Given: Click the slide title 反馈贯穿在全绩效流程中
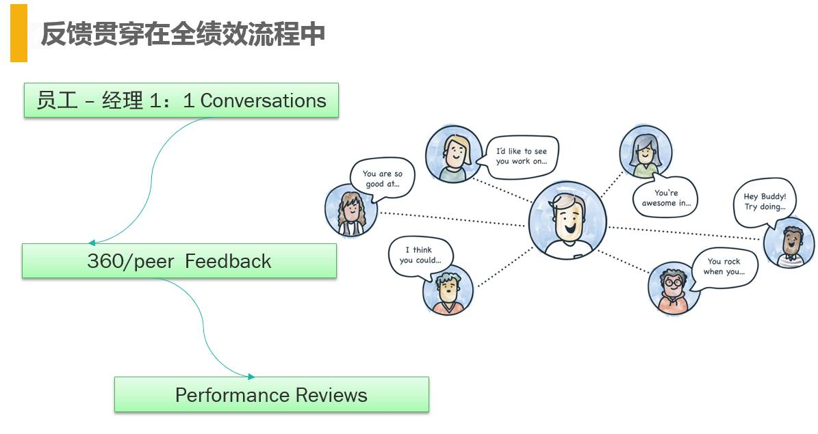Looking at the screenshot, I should click(182, 33).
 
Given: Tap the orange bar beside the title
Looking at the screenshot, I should click(18, 33).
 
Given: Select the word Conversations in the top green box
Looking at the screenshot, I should click(263, 100).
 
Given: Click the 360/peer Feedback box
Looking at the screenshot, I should click(179, 261).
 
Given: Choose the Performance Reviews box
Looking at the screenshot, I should click(271, 395).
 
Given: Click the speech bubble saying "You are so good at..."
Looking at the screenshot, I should click(382, 178).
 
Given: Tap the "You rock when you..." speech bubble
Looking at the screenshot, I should click(724, 267).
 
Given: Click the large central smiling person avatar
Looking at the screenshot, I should click(567, 220).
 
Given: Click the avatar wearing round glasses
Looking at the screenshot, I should click(674, 287).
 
